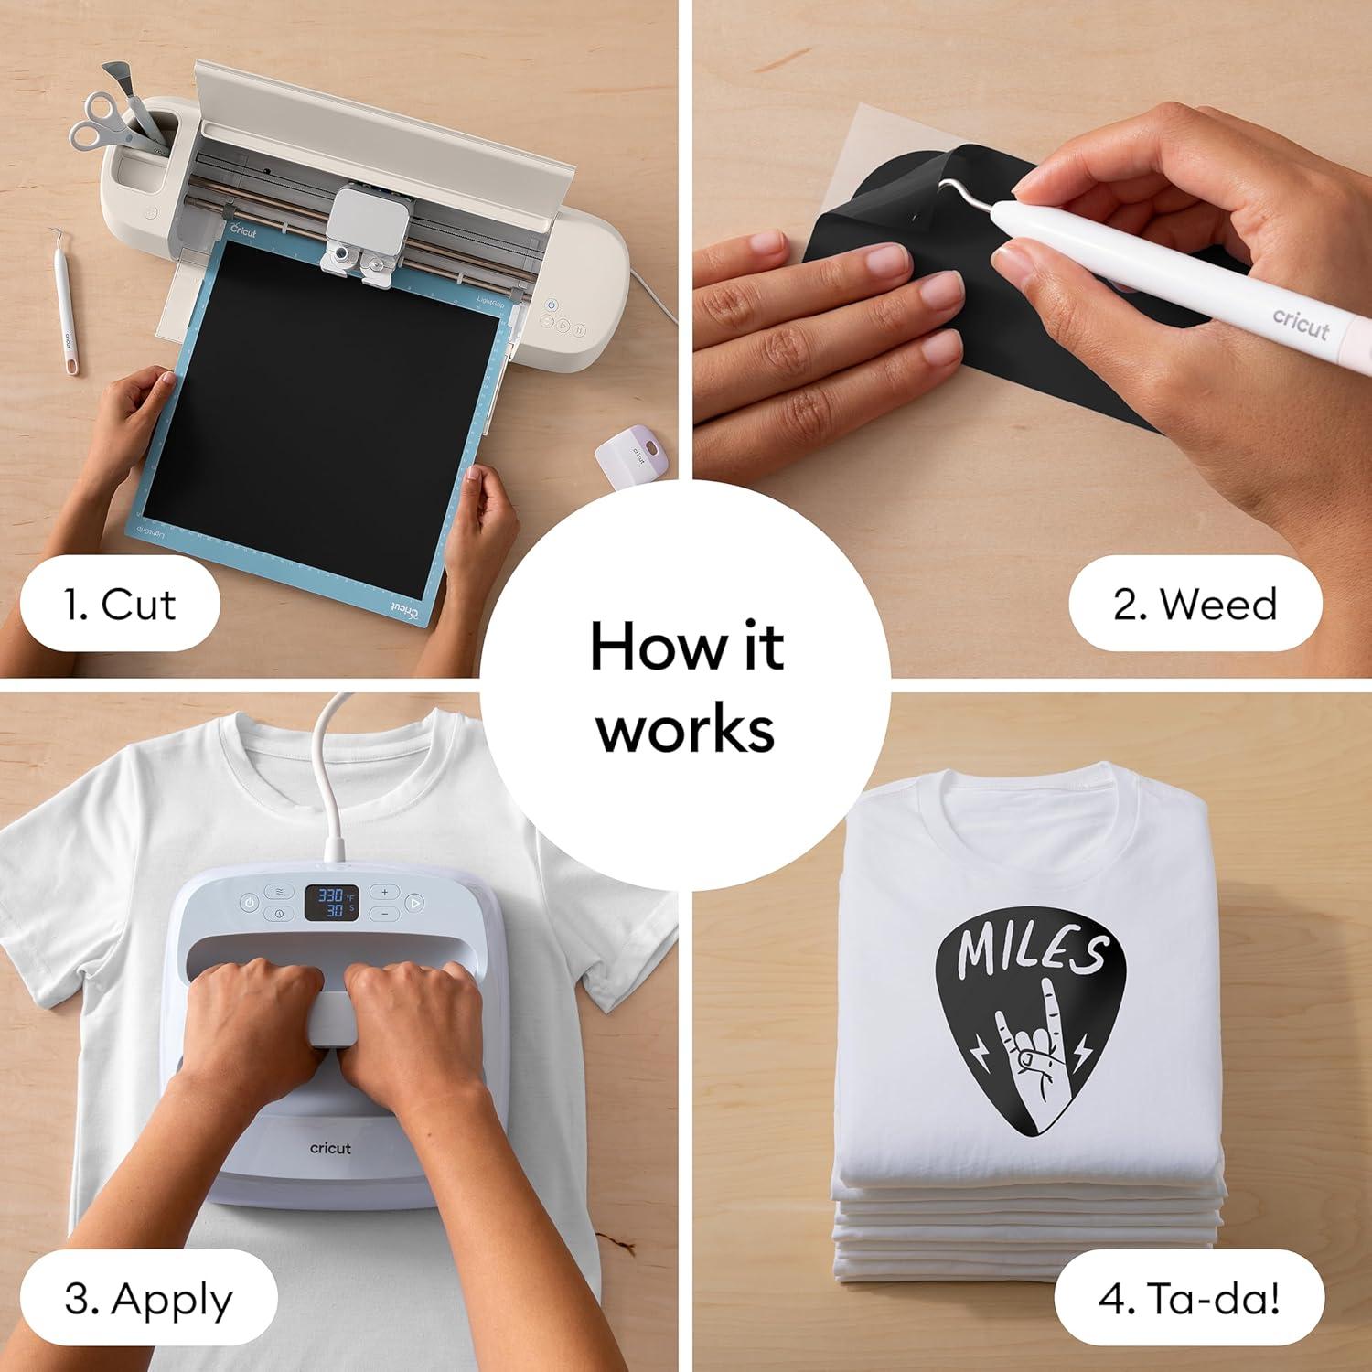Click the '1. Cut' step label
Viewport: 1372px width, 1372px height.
pyautogui.click(x=120, y=606)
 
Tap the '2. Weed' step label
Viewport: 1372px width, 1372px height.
pyautogui.click(x=1195, y=606)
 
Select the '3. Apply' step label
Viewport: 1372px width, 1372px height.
pyautogui.click(x=148, y=1300)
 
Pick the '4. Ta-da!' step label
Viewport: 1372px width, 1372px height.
pyautogui.click(x=1189, y=1300)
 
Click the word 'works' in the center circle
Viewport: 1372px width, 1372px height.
pyautogui.click(x=686, y=729)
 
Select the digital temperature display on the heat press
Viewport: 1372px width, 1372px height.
pyautogui.click(x=330, y=903)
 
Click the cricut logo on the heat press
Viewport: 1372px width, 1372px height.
pyautogui.click(x=330, y=1148)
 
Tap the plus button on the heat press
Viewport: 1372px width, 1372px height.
pyautogui.click(x=385, y=891)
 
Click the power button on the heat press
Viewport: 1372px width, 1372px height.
pyautogui.click(x=250, y=903)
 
